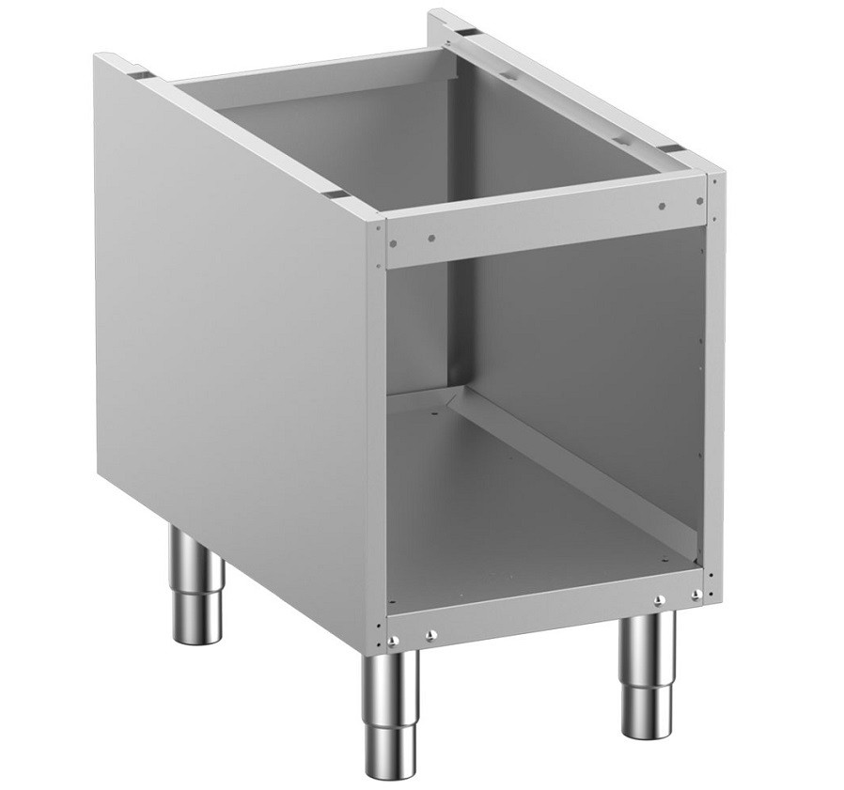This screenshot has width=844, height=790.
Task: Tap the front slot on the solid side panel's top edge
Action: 334,194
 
